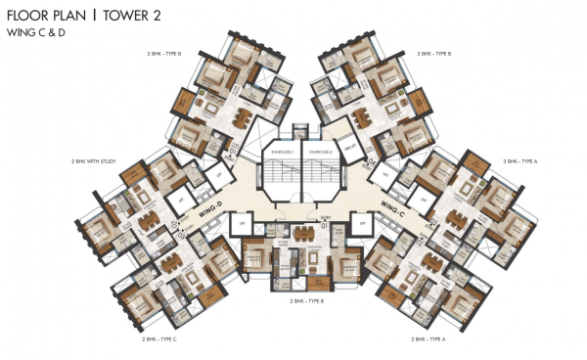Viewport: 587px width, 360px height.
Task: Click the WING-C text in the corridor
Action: (393, 206)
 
